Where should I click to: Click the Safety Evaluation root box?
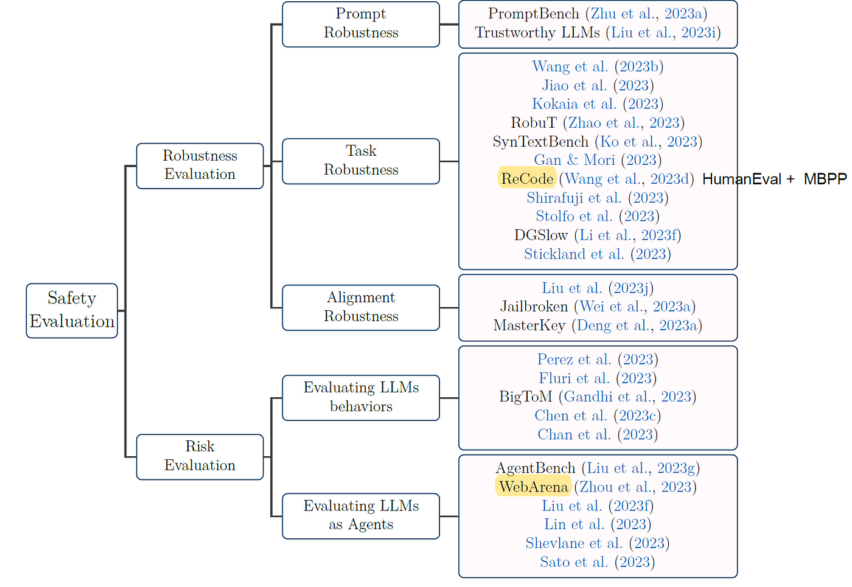click(x=72, y=310)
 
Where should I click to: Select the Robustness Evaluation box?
click(x=200, y=165)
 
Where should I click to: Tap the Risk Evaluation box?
click(x=200, y=456)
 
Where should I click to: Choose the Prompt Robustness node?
click(x=360, y=24)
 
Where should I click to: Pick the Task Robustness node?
click(x=360, y=161)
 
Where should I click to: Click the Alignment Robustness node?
click(x=360, y=307)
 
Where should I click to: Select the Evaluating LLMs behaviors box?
click(x=360, y=397)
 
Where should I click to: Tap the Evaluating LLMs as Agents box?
click(x=360, y=515)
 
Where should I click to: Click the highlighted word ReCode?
click(x=527, y=179)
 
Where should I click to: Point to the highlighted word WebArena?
click(x=533, y=487)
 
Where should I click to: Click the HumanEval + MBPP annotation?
click(x=774, y=179)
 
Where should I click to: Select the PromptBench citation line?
click(x=598, y=14)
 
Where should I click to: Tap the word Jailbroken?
click(x=534, y=307)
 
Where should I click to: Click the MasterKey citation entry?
click(x=598, y=325)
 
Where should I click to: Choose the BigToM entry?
click(x=598, y=397)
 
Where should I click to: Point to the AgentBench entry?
click(x=598, y=468)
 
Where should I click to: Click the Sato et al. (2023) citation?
click(x=598, y=562)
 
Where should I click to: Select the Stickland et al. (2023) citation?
click(x=598, y=254)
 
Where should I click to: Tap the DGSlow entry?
click(x=598, y=235)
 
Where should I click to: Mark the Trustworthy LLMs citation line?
click(x=598, y=33)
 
